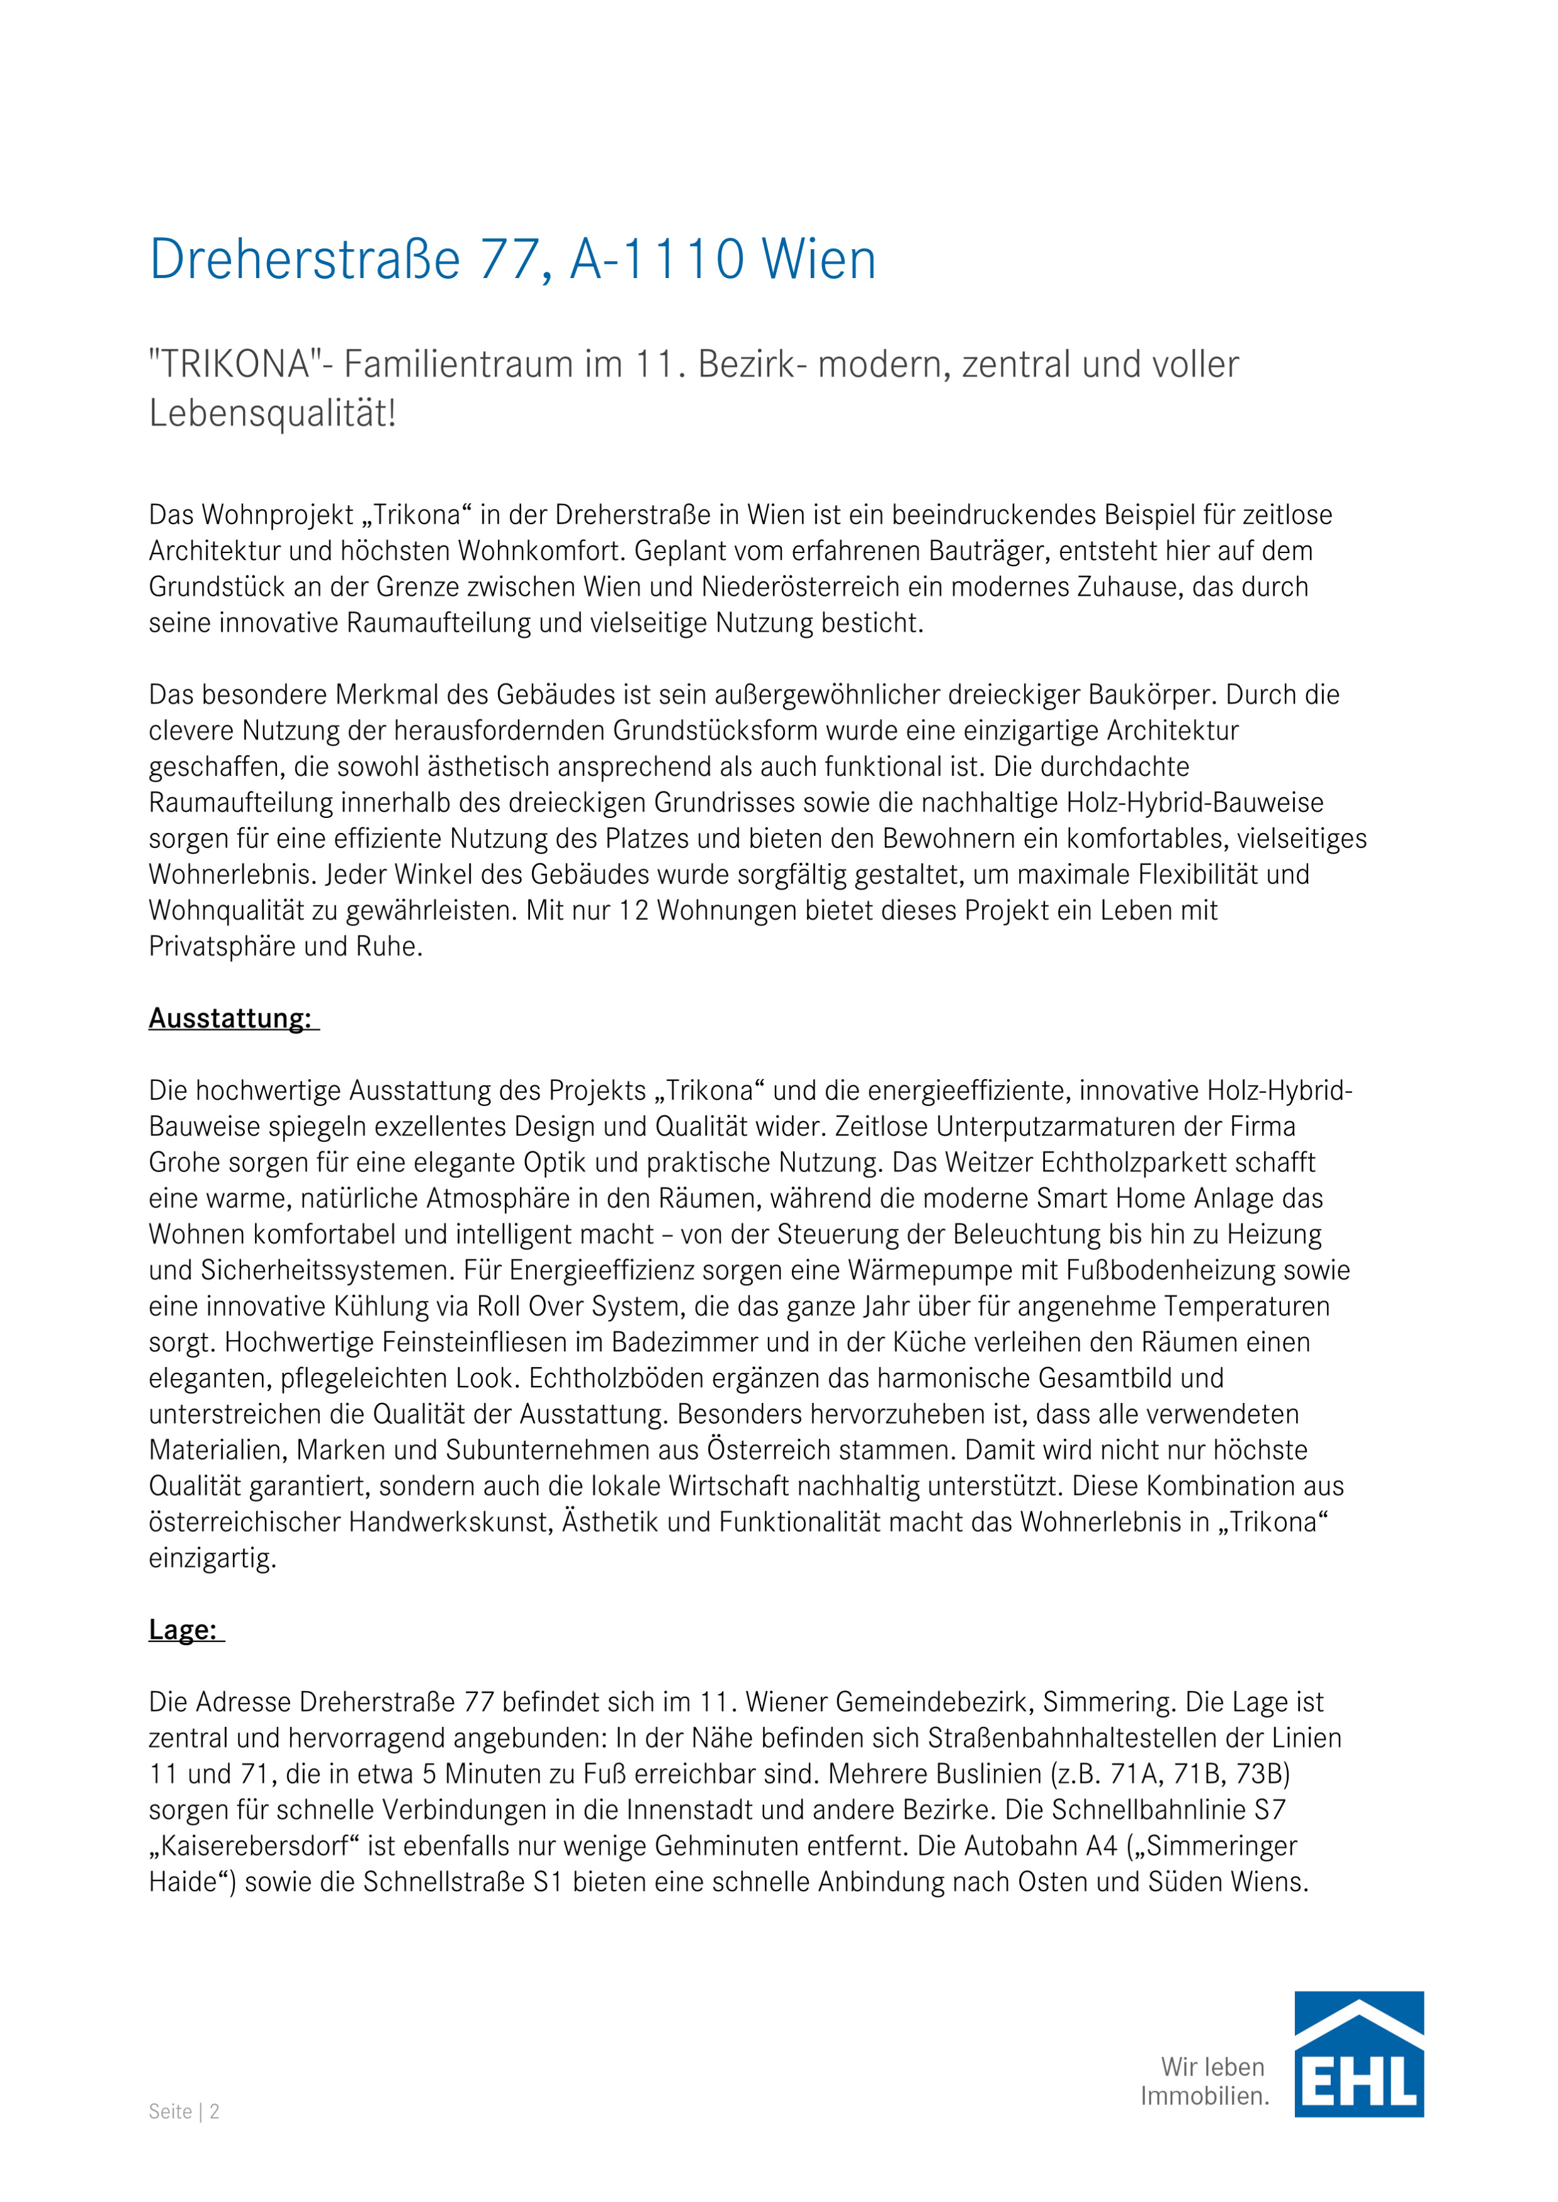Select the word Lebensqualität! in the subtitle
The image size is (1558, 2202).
point(273,415)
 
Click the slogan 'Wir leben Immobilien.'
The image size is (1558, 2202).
point(1205,2081)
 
